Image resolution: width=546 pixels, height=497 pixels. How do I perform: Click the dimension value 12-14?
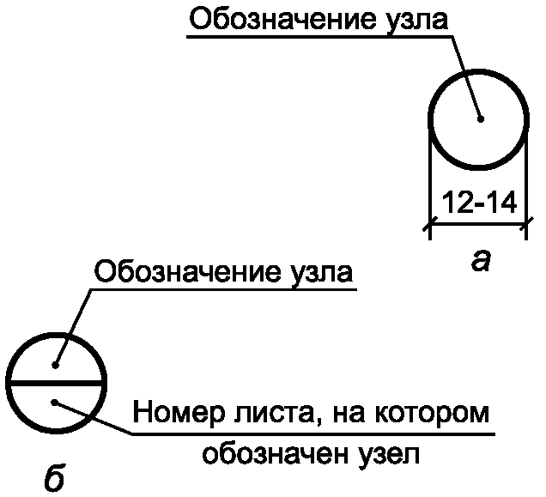477,203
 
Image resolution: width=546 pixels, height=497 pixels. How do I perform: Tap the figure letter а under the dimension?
481,259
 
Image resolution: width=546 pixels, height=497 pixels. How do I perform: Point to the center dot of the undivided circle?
482,118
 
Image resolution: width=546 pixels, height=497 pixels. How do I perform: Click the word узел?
389,453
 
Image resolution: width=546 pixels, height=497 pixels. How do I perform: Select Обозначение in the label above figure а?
280,21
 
